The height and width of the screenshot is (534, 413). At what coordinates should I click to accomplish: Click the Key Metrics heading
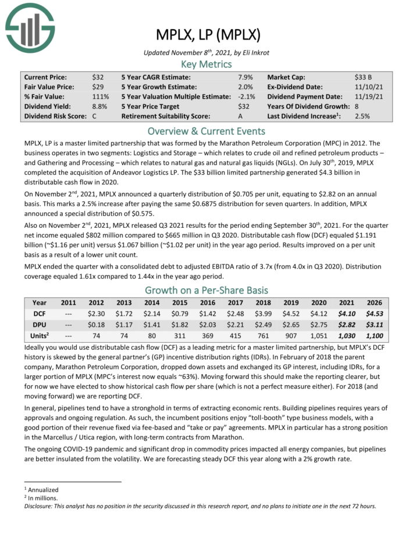coord(206,64)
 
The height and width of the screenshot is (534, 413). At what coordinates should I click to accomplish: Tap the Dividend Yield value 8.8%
coord(100,106)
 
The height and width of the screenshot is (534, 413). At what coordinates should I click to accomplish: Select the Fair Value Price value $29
coord(98,87)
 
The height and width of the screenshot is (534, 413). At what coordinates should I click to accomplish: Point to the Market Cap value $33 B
coord(364,77)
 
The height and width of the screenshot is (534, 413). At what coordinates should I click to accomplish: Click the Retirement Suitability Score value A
coord(241,116)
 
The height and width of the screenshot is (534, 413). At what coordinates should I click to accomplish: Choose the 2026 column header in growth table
coord(374,303)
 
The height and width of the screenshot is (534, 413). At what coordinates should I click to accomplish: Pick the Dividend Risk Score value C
coord(94,116)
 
